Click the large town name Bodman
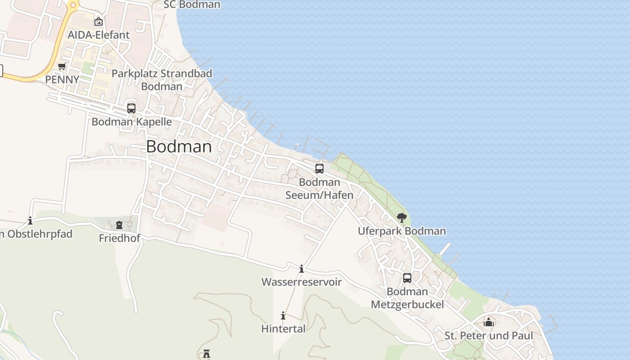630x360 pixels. pos(179,147)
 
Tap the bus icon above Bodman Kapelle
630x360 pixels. pos(131,108)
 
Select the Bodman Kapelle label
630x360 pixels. pos(132,121)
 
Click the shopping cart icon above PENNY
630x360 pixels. pos(62,67)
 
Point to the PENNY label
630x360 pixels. pos(62,79)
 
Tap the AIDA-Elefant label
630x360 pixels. pos(99,35)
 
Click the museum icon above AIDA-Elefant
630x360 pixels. pos(99,21)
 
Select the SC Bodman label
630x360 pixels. pos(192,4)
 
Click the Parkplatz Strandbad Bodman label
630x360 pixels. pos(162,80)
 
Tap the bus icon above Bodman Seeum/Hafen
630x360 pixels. pos(319,169)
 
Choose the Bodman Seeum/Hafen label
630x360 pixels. pos(319,189)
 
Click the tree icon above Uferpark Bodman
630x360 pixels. pos(402,218)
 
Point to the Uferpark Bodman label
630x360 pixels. pos(402,231)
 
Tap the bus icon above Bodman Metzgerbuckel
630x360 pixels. pos(407,278)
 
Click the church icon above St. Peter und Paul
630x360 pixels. pos(489,322)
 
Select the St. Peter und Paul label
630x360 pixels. pos(489,336)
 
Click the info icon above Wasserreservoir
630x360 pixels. pos(301,269)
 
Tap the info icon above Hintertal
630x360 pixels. pos(283,316)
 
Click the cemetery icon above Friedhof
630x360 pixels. pos(119,225)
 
